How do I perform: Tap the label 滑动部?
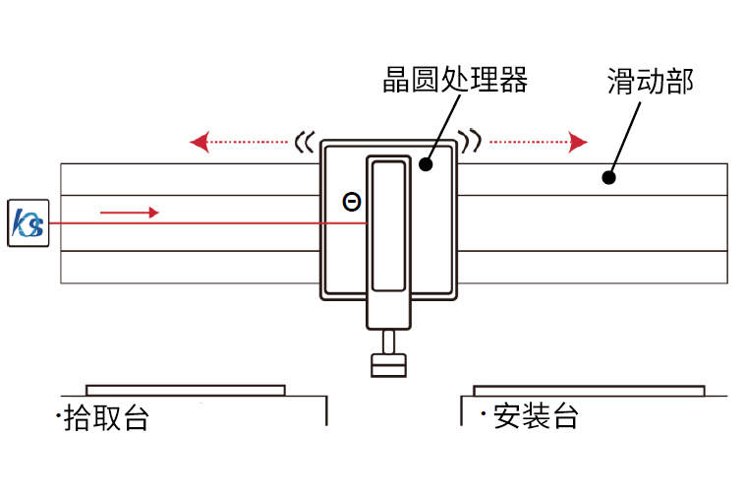pyautogui.click(x=650, y=82)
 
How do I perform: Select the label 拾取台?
pyautogui.click(x=106, y=417)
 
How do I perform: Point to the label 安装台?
pyautogui.click(x=536, y=416)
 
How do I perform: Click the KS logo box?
pyautogui.click(x=28, y=223)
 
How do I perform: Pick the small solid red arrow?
pyautogui.click(x=129, y=212)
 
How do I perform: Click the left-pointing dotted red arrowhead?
pyautogui.click(x=199, y=143)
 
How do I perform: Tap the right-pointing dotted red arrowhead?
pyautogui.click(x=579, y=143)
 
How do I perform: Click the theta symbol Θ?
pyautogui.click(x=351, y=202)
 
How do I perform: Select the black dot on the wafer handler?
pyautogui.click(x=426, y=164)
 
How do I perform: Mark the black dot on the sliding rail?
pyautogui.click(x=608, y=178)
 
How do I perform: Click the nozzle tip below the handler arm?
pyautogui.click(x=389, y=365)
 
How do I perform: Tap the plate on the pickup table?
pyautogui.click(x=186, y=390)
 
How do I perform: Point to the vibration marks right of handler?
pyautogui.click(x=473, y=142)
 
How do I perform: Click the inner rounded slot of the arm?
pyautogui.click(x=389, y=225)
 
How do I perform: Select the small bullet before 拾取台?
pyautogui.click(x=60, y=416)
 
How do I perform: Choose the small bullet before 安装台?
pyautogui.click(x=483, y=414)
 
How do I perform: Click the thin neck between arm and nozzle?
pyautogui.click(x=389, y=342)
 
